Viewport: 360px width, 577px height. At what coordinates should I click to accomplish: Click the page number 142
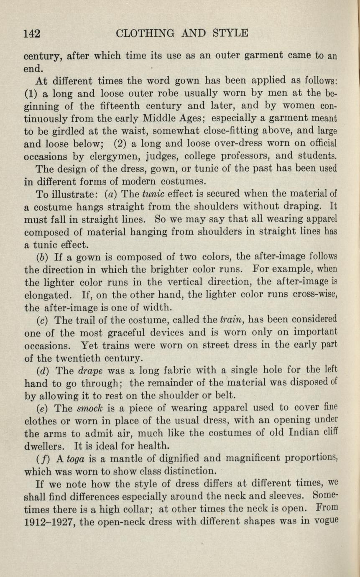point(31,33)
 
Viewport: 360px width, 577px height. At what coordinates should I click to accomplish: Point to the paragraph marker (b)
point(41,257)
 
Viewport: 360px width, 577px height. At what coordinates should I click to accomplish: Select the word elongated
point(50,295)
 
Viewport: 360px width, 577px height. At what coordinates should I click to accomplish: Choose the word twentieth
point(90,358)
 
